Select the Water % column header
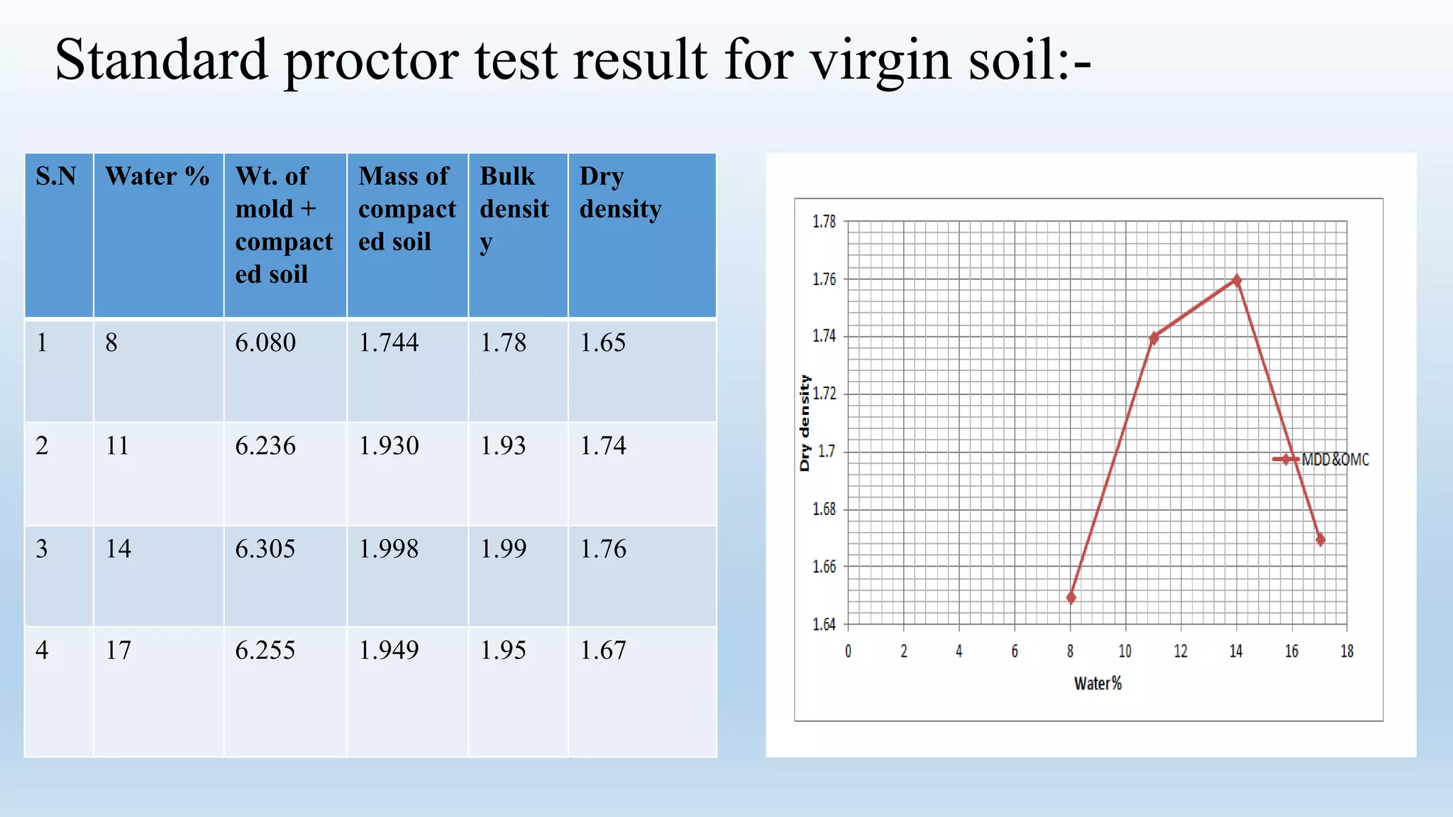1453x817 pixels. pyautogui.click(x=157, y=176)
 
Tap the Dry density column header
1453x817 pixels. pyautogui.click(x=620, y=192)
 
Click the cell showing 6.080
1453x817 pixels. pyautogui.click(x=265, y=343)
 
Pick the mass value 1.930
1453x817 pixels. pyautogui.click(x=389, y=445)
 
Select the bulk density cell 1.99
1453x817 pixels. pyautogui.click(x=503, y=548)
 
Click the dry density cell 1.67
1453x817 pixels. pyautogui.click(x=603, y=650)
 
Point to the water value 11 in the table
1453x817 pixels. pyautogui.click(x=118, y=445)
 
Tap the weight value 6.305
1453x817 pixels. pyautogui.click(x=265, y=548)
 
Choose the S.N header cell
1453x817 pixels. pyautogui.click(x=56, y=176)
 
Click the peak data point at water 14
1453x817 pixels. pyautogui.click(x=1237, y=280)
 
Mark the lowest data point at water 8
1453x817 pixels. pyautogui.click(x=1071, y=598)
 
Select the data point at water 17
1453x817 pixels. pyautogui.click(x=1320, y=540)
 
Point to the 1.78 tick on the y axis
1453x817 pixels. pyautogui.click(x=824, y=222)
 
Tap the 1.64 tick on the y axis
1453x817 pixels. pyautogui.click(x=824, y=625)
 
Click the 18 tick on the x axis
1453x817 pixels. pyautogui.click(x=1347, y=651)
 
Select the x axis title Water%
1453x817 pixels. pyautogui.click(x=1098, y=684)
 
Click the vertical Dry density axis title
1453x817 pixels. pyautogui.click(x=805, y=423)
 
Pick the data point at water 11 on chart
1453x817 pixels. pyautogui.click(x=1154, y=338)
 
